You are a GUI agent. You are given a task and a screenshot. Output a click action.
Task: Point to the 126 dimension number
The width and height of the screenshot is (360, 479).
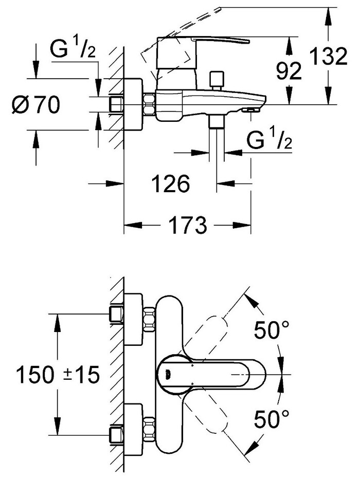point(170,183)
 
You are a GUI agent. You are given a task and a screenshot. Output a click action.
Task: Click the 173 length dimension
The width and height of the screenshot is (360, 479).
point(186,225)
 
